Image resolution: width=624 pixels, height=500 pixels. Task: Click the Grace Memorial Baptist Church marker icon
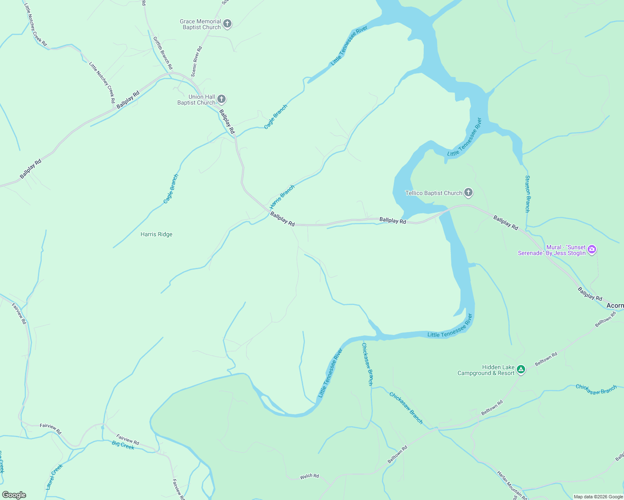click(227, 24)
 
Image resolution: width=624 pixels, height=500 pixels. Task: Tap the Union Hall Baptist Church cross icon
click(222, 99)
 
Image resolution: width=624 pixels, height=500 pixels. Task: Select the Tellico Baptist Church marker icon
click(468, 192)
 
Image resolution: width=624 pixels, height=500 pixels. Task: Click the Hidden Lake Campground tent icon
click(521, 370)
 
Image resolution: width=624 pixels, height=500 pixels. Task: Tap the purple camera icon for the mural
click(592, 250)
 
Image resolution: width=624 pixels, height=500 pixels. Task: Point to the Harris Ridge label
click(156, 235)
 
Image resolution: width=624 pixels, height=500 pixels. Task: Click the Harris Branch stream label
click(282, 197)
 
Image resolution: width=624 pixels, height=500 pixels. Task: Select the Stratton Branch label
click(528, 194)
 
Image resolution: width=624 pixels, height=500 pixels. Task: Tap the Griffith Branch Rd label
click(163, 53)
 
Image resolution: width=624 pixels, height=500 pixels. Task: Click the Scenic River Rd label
click(196, 61)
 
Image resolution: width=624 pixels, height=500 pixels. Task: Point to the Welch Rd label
click(309, 476)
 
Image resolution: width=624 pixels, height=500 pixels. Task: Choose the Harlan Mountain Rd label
click(512, 485)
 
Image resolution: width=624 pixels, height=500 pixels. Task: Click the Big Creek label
click(123, 445)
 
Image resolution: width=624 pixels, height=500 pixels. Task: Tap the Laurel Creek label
click(54, 476)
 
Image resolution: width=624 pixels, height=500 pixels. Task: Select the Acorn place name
click(615, 306)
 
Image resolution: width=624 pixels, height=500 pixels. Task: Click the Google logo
click(14, 495)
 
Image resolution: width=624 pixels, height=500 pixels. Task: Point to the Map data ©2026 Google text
click(598, 497)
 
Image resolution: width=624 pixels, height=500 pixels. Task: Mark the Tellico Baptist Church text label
click(434, 193)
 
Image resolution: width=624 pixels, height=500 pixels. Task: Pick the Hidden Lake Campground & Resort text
click(486, 370)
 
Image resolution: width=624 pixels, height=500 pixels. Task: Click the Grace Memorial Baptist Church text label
click(201, 24)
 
